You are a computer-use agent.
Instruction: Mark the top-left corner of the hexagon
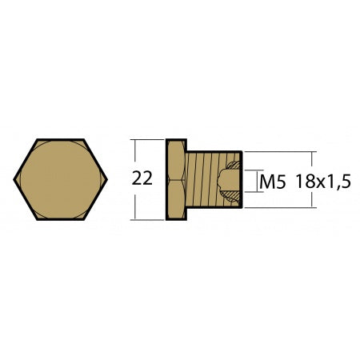pos(36,141)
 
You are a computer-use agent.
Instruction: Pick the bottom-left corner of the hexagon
pos(36,218)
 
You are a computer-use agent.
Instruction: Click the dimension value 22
pos(142,179)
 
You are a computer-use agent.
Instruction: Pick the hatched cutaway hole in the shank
pos(230,181)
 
